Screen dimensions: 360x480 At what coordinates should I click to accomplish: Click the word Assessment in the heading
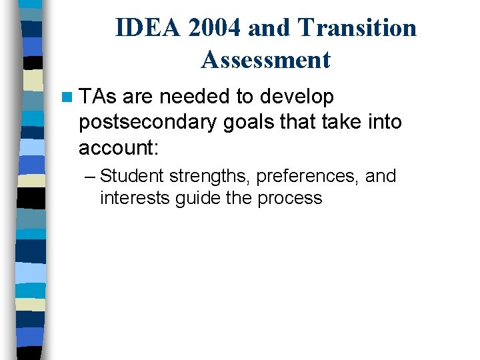tap(265, 60)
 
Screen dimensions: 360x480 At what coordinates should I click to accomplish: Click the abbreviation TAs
tap(97, 97)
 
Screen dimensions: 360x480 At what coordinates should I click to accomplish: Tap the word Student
tap(131, 177)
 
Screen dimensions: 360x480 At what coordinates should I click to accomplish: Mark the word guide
tap(191, 199)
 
